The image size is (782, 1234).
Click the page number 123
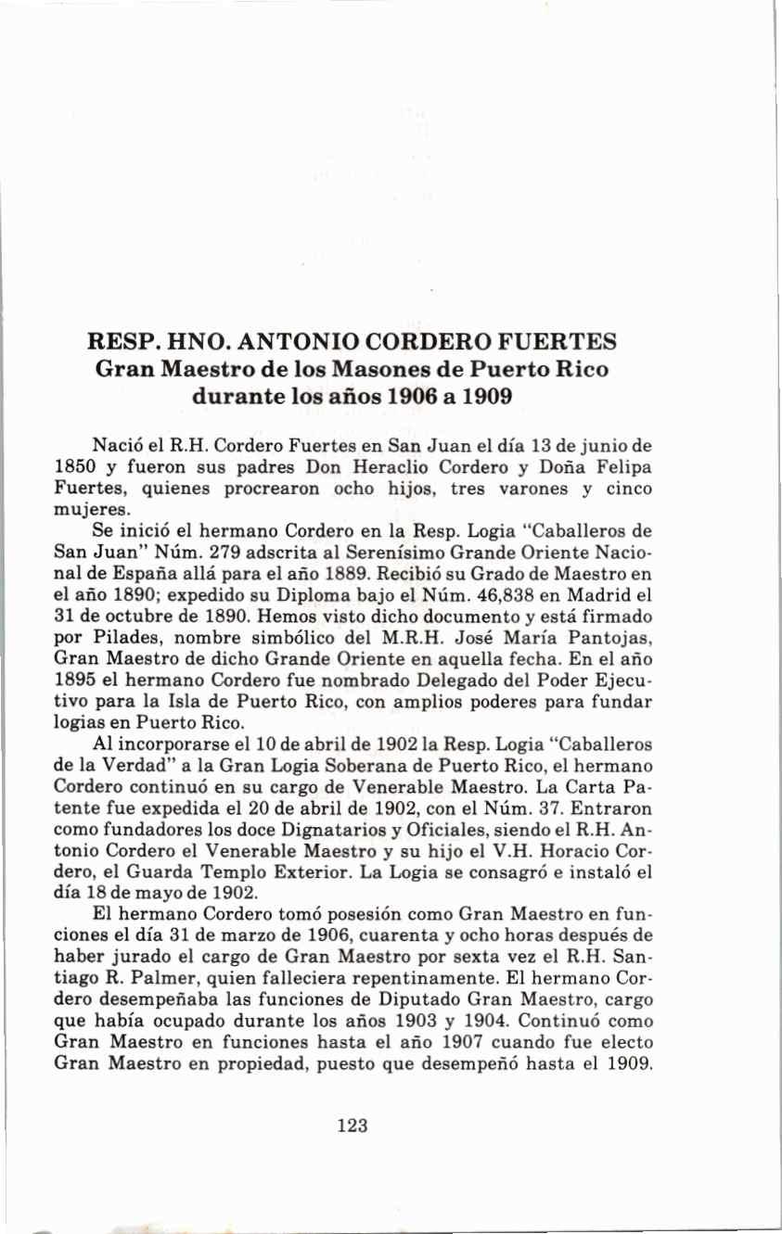353,1126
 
